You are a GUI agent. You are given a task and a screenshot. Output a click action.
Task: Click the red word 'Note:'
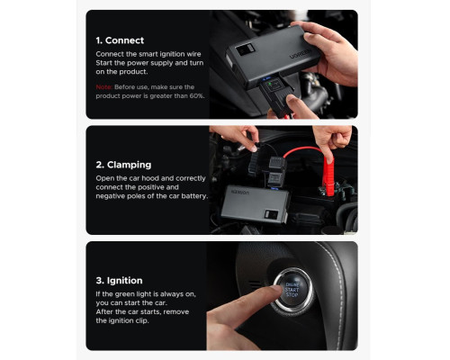(x=103, y=85)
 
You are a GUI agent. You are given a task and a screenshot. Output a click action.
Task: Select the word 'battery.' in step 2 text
(x=192, y=195)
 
